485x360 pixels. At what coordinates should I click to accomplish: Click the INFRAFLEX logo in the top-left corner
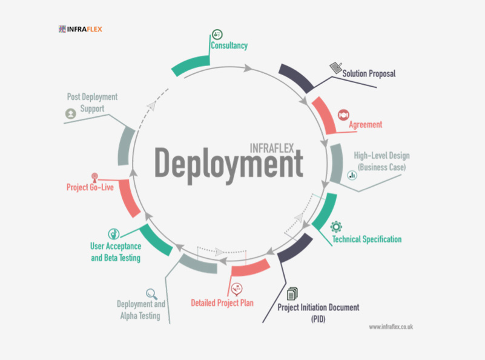pos(81,28)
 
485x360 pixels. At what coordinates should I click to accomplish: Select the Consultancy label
pos(229,46)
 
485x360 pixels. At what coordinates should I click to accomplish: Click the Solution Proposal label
pos(369,74)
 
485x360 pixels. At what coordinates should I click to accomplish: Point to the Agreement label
pos(365,125)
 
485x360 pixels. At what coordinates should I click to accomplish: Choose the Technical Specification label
pos(366,239)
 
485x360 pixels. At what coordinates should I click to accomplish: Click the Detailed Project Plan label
pos(222,302)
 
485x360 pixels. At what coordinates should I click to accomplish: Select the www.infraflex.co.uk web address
pos(391,327)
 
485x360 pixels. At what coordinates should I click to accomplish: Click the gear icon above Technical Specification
pos(336,227)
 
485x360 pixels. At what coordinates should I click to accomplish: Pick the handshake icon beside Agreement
pos(343,114)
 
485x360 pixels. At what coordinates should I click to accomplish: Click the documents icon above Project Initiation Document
pos(293,294)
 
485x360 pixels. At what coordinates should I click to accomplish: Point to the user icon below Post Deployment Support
pos(71,113)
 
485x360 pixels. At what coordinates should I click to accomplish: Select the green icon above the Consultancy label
pos(217,34)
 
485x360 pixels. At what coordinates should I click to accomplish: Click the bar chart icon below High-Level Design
pos(352,175)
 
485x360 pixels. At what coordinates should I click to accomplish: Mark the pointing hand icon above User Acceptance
pos(113,233)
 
